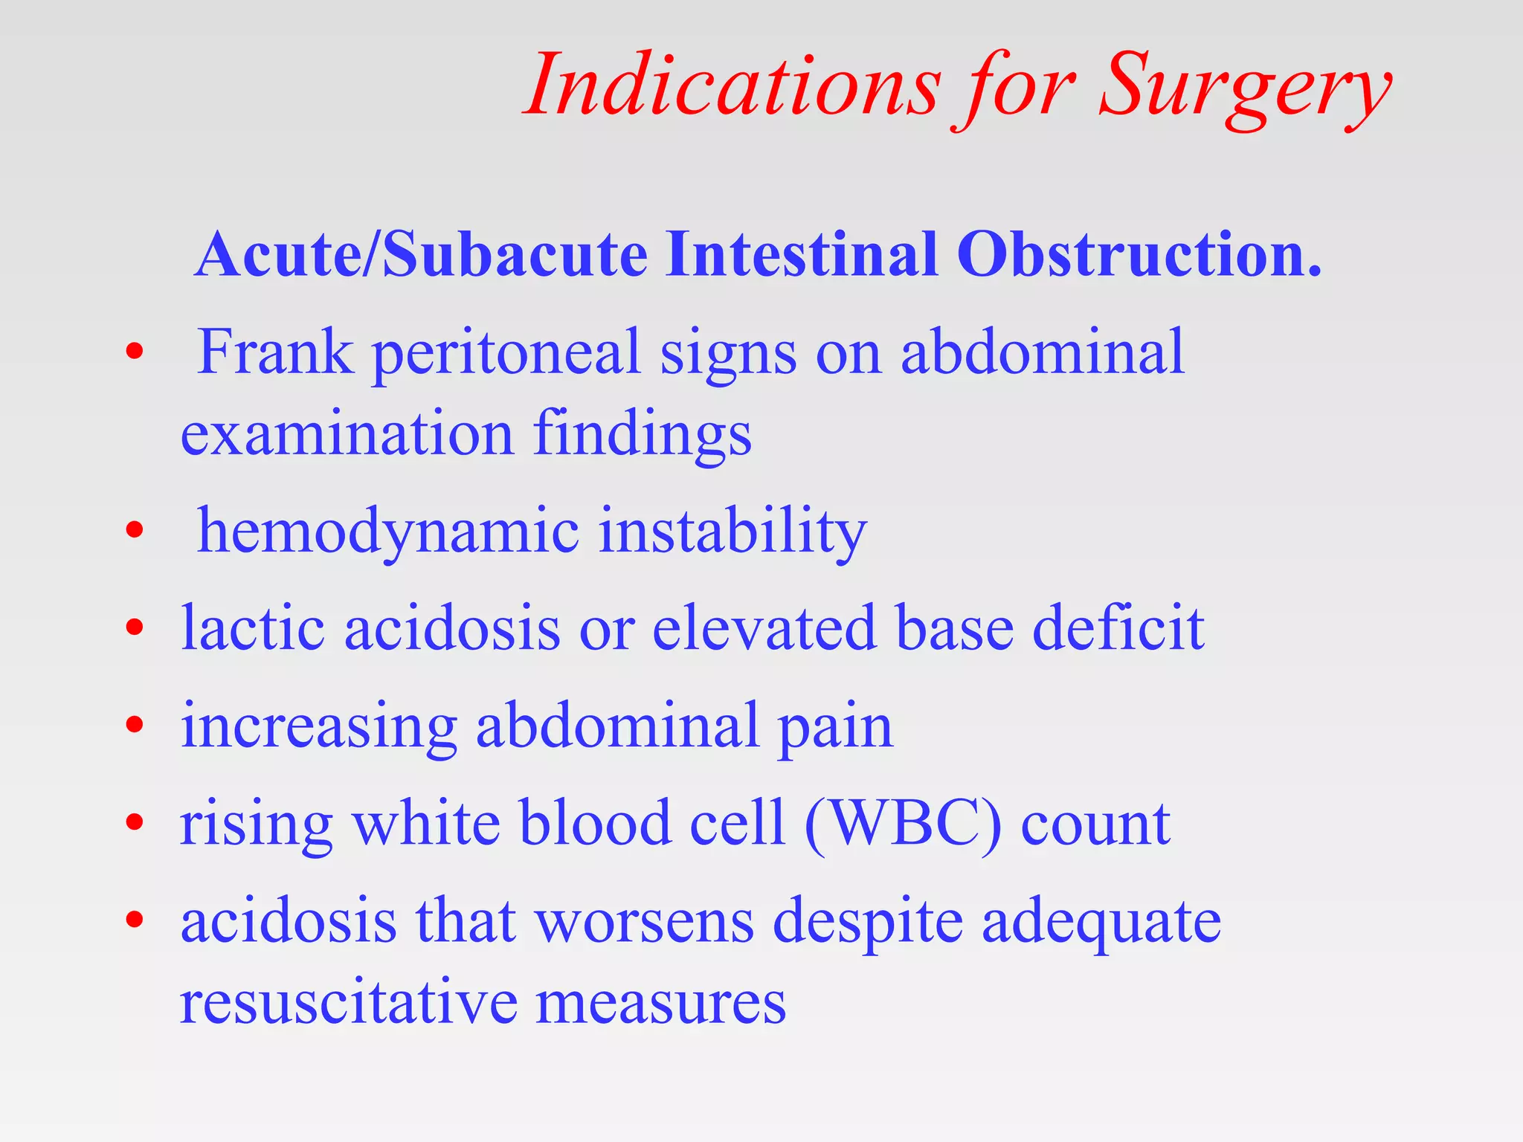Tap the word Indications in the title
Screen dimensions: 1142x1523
(732, 86)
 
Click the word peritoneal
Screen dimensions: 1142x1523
(506, 355)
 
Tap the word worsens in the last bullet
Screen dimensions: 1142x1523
(644, 922)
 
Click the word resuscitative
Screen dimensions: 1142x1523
(348, 1003)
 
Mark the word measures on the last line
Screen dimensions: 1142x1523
(660, 1003)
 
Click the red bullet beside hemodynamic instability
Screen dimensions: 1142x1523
(134, 531)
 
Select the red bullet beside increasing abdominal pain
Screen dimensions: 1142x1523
(134, 725)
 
